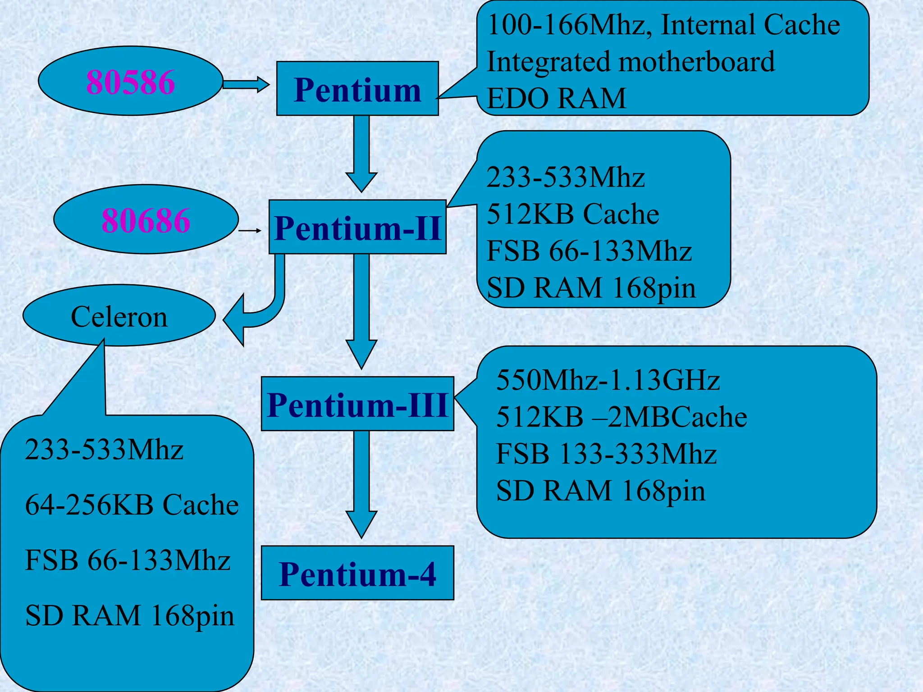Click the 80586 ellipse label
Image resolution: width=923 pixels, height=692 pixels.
pyautogui.click(x=130, y=82)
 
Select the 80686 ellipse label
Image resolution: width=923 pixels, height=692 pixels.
pyautogui.click(x=146, y=220)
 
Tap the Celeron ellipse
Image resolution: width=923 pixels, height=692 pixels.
pyautogui.click(x=119, y=316)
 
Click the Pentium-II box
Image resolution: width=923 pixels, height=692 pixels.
pyautogui.click(x=357, y=228)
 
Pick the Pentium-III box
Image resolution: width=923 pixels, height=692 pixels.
pyautogui.click(x=357, y=404)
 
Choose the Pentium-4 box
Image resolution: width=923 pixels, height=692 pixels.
pyautogui.click(x=357, y=574)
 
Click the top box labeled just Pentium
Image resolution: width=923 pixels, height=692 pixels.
pyautogui.click(x=357, y=89)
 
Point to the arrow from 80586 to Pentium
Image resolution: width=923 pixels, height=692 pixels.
pyautogui.click(x=246, y=84)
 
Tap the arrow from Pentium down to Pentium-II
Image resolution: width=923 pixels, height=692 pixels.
pyautogui.click(x=361, y=153)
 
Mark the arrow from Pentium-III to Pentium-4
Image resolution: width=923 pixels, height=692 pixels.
pyautogui.click(x=361, y=482)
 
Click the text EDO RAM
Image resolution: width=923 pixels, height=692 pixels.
pyautogui.click(x=557, y=98)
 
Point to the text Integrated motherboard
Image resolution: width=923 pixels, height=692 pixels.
pyautogui.click(x=631, y=62)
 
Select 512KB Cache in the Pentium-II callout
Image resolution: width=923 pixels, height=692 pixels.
pyautogui.click(x=573, y=214)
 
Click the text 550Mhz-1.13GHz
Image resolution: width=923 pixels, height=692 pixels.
pyautogui.click(x=608, y=380)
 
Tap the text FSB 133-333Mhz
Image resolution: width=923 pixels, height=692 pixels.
pyautogui.click(x=606, y=454)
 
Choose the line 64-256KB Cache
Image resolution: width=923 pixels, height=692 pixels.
pyautogui.click(x=132, y=505)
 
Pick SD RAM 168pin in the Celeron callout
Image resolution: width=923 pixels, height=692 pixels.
pyautogui.click(x=130, y=615)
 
